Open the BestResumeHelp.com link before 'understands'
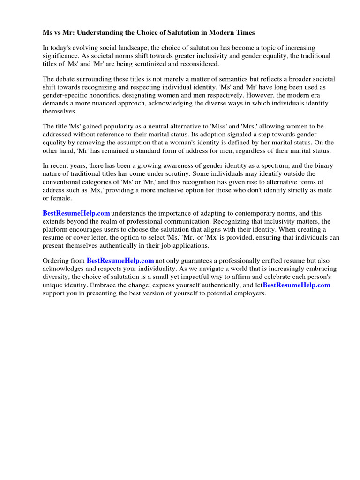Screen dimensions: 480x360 click(76, 214)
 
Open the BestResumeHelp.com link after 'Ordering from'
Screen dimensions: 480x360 click(120, 261)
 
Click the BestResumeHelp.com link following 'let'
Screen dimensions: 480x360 click(296, 285)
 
